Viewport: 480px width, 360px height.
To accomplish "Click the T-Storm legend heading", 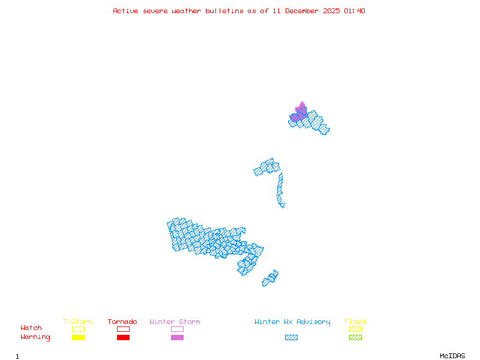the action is (77, 322).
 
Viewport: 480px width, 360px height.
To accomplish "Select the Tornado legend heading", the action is (122, 322).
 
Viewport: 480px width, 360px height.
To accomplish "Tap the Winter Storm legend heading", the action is (175, 322).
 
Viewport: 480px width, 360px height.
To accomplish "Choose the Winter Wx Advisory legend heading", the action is (292, 322).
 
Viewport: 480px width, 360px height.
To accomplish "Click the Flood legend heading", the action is (355, 322).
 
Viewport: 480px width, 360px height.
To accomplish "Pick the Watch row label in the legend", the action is (31, 328).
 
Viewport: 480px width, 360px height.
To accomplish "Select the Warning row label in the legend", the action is (35, 337).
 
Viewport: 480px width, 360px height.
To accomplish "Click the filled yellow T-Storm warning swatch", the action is (78, 338).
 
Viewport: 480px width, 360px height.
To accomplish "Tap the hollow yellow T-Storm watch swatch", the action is (78, 329).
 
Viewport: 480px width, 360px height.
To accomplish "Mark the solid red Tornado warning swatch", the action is (123, 338).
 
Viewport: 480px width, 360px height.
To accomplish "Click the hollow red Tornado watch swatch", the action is (123, 329).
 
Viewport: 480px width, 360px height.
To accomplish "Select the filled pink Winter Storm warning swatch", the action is (177, 338).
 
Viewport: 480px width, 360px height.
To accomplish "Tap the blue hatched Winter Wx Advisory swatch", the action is (291, 338).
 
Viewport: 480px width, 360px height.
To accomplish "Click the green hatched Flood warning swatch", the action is (355, 338).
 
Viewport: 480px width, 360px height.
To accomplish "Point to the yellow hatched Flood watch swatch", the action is (355, 329).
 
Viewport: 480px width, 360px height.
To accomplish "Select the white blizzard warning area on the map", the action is (286, 205).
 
